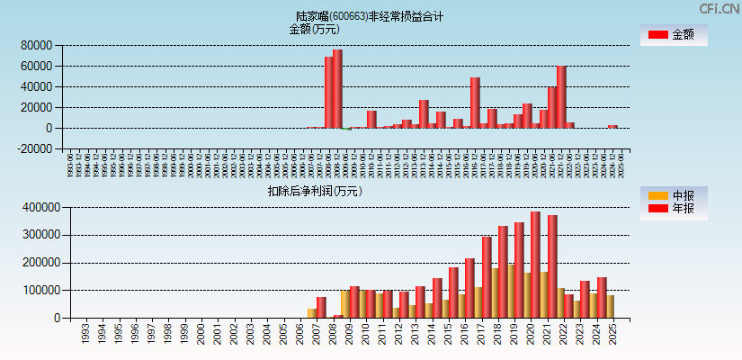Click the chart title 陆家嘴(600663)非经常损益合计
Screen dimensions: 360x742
370,16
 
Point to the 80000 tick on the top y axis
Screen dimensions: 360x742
34,46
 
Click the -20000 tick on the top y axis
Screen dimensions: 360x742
32,149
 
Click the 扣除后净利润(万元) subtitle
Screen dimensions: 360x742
315,191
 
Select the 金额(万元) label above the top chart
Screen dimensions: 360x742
314,29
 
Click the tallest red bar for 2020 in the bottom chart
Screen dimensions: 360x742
535,265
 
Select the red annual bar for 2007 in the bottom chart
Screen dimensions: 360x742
321,307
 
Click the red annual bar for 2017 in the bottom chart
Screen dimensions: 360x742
487,277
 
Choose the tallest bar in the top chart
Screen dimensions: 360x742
337,89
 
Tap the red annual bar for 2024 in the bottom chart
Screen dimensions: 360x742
602,297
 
